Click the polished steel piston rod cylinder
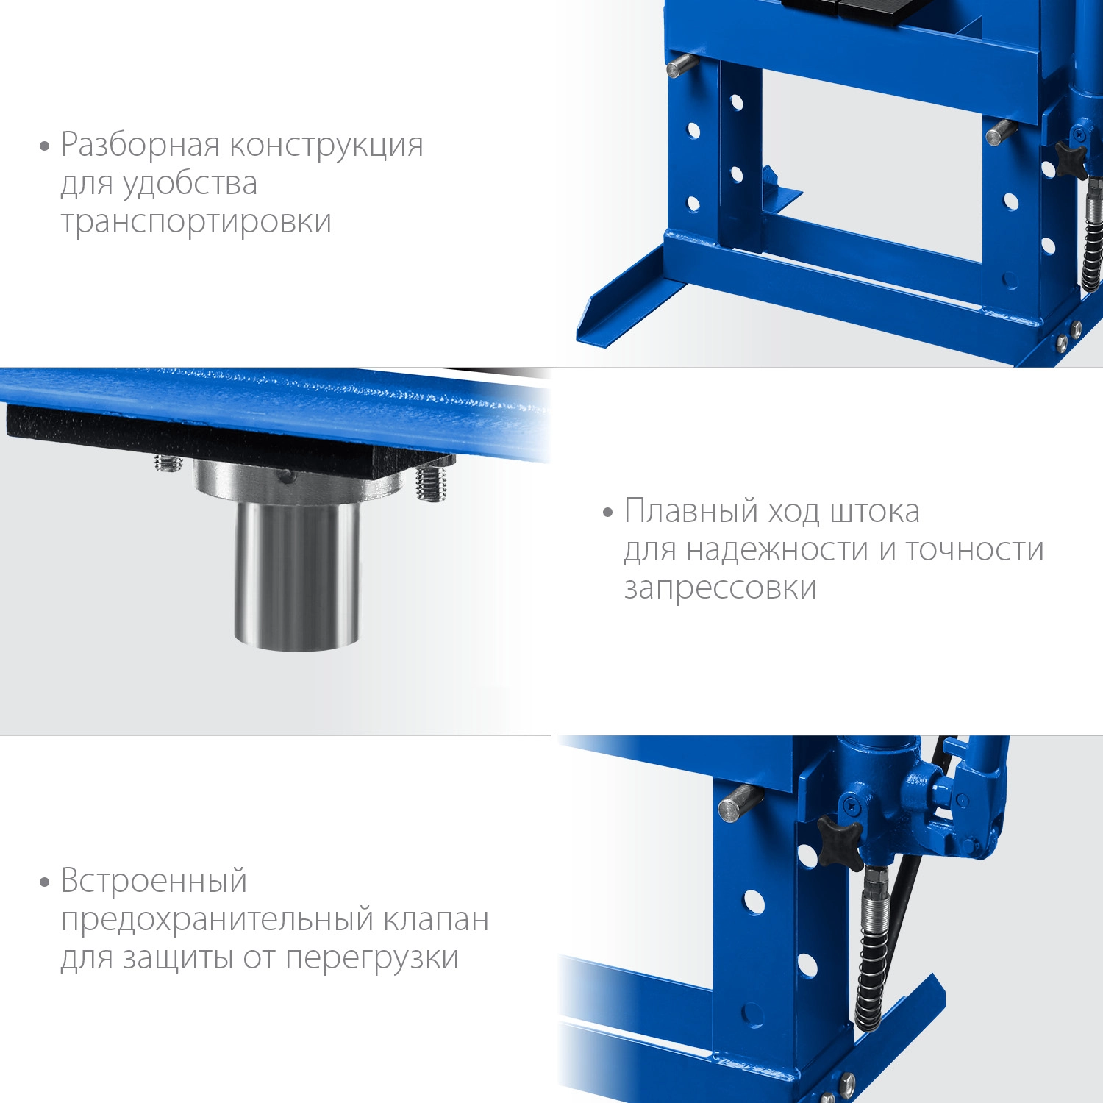tap(297, 574)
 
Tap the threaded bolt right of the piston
tap(431, 482)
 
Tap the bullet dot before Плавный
tap(607, 513)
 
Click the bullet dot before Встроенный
tap(44, 882)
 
